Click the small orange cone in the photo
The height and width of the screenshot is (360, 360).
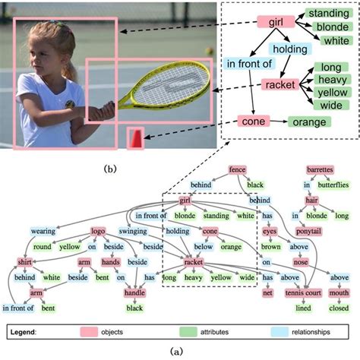(x=135, y=137)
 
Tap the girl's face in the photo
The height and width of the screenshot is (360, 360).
(x=45, y=52)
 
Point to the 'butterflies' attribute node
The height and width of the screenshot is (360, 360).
(x=333, y=185)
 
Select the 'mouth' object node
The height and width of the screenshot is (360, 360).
(x=339, y=293)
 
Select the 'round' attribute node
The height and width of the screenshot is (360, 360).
(x=42, y=246)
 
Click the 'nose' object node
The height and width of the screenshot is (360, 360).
(x=302, y=262)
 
